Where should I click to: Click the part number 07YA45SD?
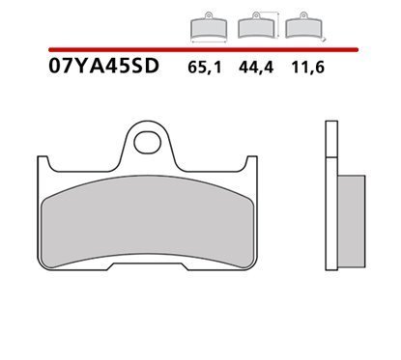click(x=103, y=66)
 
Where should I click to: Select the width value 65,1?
click(x=205, y=68)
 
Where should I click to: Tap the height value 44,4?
click(x=256, y=68)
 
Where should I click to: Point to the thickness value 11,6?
click(x=308, y=68)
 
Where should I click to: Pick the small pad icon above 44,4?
click(x=256, y=25)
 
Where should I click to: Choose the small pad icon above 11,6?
click(x=303, y=25)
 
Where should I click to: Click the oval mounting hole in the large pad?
click(x=148, y=142)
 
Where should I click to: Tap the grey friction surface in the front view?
click(x=148, y=222)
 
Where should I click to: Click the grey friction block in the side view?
click(x=351, y=221)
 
